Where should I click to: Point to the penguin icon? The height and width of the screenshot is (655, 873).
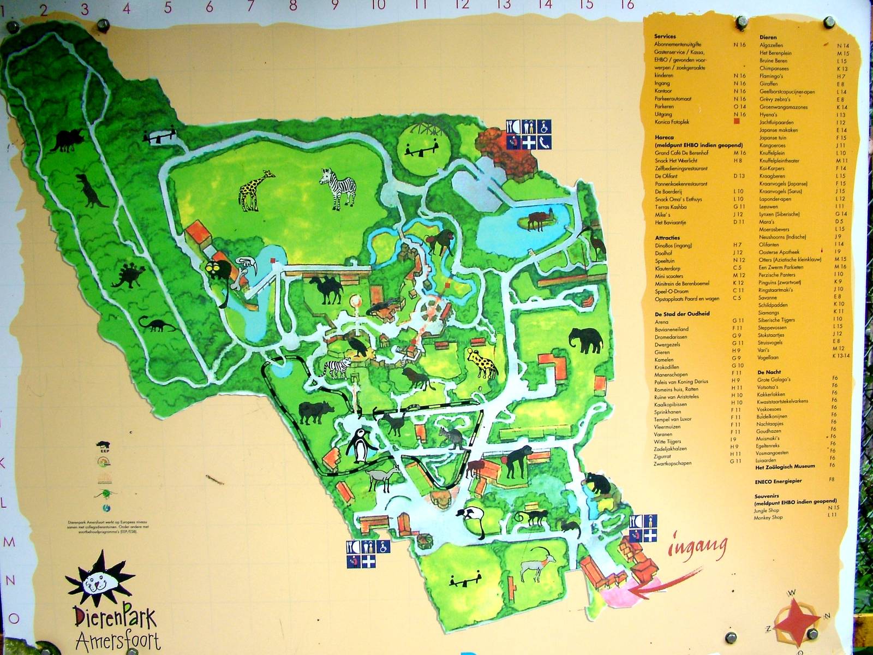[358, 445]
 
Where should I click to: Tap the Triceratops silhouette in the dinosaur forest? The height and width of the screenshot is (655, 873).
[69, 141]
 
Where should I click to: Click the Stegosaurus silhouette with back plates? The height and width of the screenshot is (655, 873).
[129, 276]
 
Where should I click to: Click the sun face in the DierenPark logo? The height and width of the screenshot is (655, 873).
[99, 579]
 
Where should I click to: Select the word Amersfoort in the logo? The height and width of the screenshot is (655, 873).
[118, 640]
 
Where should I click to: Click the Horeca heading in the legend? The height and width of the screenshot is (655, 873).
[664, 138]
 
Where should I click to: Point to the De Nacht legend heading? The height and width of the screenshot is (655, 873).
[769, 372]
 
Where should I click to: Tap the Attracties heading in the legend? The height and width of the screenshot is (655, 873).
[667, 238]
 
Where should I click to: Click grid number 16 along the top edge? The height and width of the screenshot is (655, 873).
[627, 5]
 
